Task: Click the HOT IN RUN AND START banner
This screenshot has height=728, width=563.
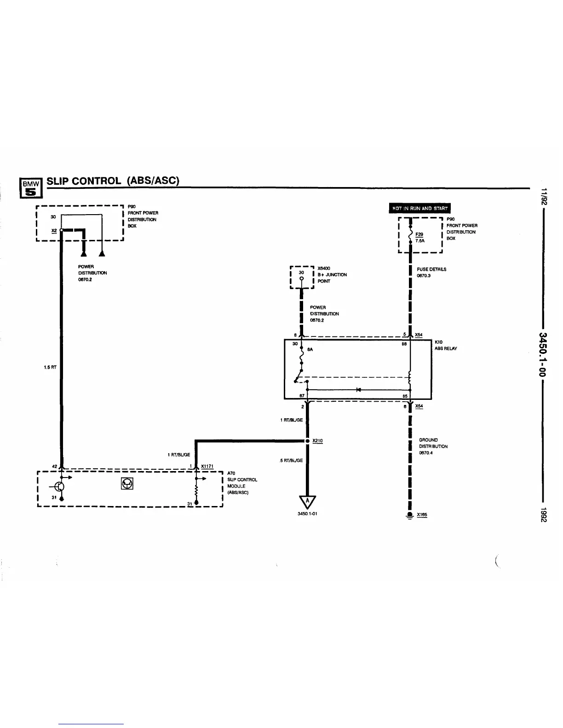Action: coord(419,208)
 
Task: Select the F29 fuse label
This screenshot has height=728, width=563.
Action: coord(419,234)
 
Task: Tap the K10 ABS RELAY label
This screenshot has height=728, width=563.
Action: coord(445,345)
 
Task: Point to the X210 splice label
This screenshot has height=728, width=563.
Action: coord(317,441)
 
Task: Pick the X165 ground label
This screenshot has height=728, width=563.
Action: coord(421,515)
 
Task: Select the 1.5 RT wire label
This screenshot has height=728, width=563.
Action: coord(50,367)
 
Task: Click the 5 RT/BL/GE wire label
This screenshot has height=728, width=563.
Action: coord(291,461)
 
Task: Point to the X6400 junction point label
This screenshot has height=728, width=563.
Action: coord(332,274)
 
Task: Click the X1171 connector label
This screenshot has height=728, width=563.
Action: coord(207,466)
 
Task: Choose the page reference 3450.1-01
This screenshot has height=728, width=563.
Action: coord(307,514)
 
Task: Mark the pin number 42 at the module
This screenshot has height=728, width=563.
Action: coord(54,466)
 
